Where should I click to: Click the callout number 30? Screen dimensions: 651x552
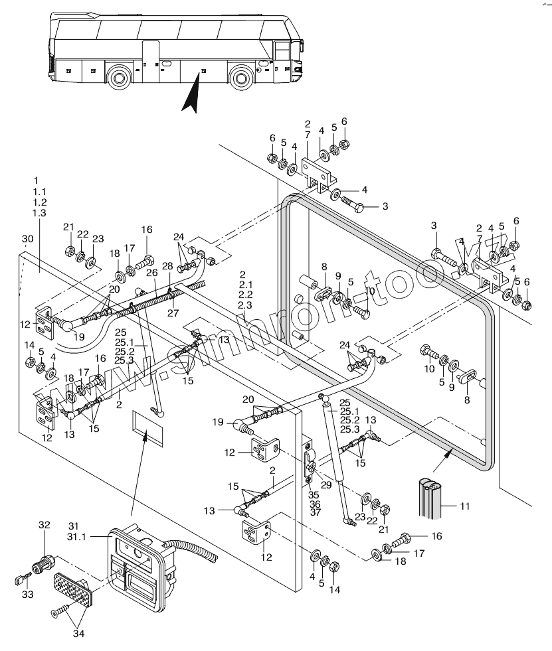27,239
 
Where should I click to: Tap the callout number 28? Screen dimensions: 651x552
167,266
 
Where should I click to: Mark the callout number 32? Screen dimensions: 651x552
45,524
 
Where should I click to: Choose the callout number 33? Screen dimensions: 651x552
27,595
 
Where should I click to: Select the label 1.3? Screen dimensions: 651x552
39,212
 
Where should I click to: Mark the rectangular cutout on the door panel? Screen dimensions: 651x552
147,426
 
